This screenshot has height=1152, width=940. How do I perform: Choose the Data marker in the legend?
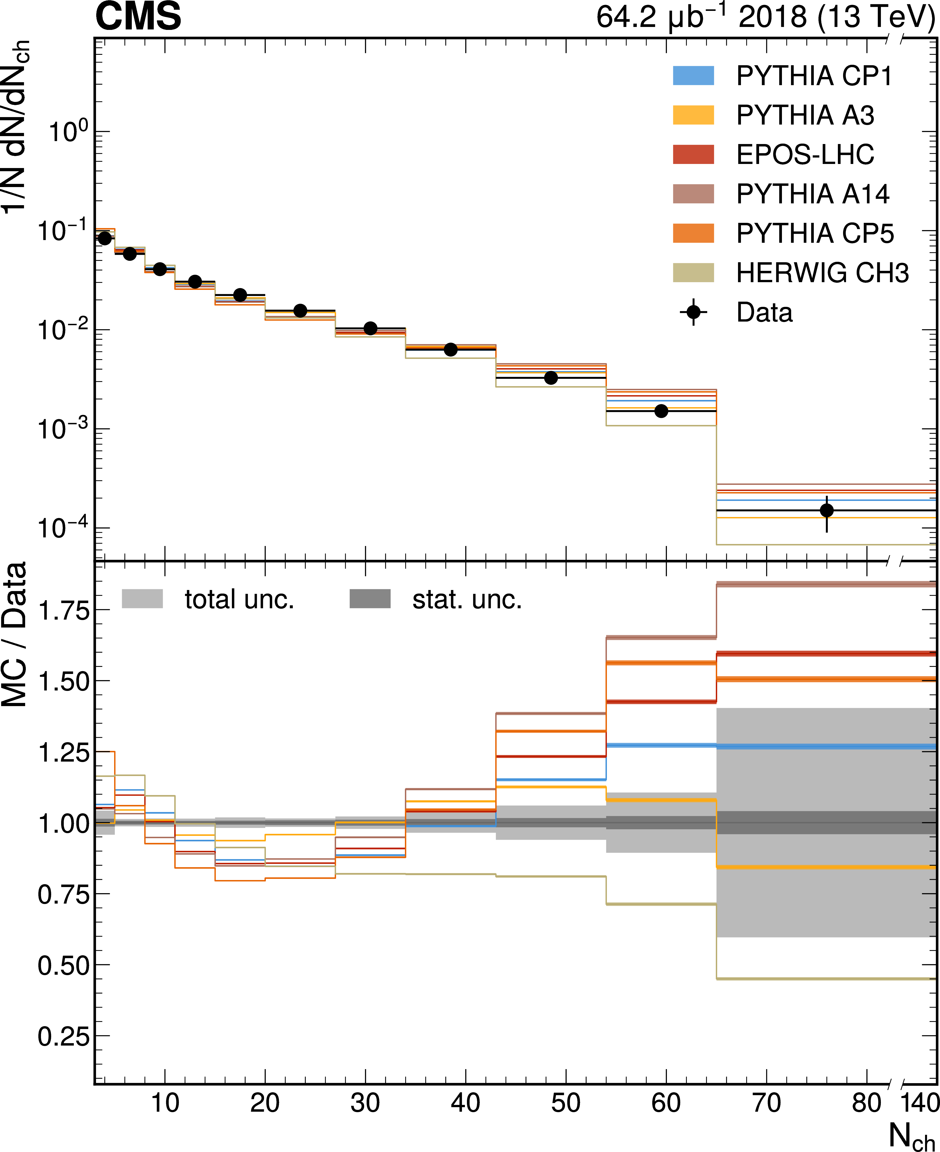pos(693,312)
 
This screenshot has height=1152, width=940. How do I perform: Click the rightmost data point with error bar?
pos(826,510)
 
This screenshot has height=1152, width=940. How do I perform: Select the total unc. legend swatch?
pos(142,599)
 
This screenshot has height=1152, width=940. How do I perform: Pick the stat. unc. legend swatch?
pos(370,599)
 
